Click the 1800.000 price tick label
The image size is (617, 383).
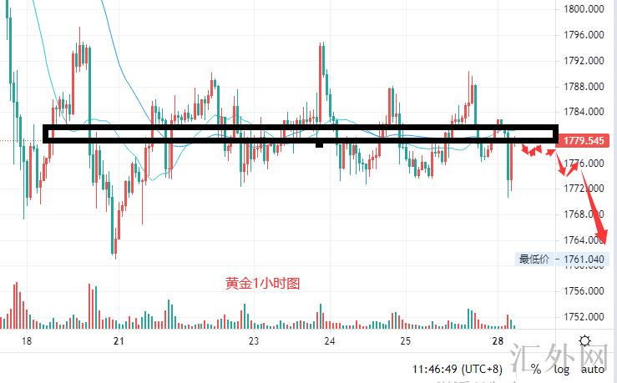pyautogui.click(x=584, y=10)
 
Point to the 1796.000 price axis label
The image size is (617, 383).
pyautogui.click(x=584, y=35)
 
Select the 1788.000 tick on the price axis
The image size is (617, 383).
pyautogui.click(x=584, y=86)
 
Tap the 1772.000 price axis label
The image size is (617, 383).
pyautogui.click(x=584, y=189)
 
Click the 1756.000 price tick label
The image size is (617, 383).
pyautogui.click(x=584, y=291)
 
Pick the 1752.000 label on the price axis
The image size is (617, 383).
pyautogui.click(x=584, y=317)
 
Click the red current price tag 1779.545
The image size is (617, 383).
pyautogui.click(x=584, y=141)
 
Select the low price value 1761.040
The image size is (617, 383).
pyautogui.click(x=584, y=260)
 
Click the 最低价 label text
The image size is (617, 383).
pyautogui.click(x=534, y=260)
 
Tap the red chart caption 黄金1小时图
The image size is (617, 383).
pyautogui.click(x=262, y=284)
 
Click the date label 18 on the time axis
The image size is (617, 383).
pyautogui.click(x=26, y=341)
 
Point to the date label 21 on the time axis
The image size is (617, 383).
pyautogui.click(x=119, y=341)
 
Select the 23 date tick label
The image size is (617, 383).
pyautogui.click(x=254, y=341)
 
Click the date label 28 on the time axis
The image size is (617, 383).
pyautogui.click(x=498, y=341)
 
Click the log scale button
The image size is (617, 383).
pyautogui.click(x=562, y=369)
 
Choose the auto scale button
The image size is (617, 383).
pyautogui.click(x=593, y=369)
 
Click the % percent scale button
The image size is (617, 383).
pyautogui.click(x=535, y=369)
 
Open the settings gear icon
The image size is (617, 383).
pyautogui.click(x=585, y=341)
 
